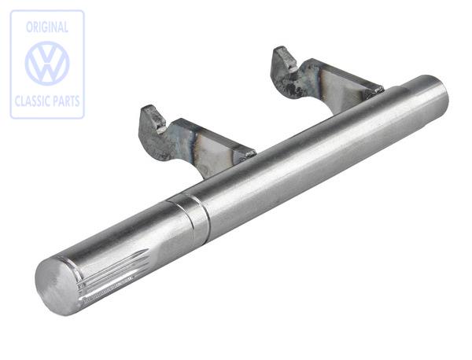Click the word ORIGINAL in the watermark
pyautogui.click(x=47, y=28)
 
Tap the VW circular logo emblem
pyautogui.click(x=47, y=64)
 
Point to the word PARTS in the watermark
pyautogui.click(x=65, y=101)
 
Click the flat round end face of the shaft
pyautogui.click(x=58, y=286)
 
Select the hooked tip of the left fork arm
pyautogui.click(x=153, y=118)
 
